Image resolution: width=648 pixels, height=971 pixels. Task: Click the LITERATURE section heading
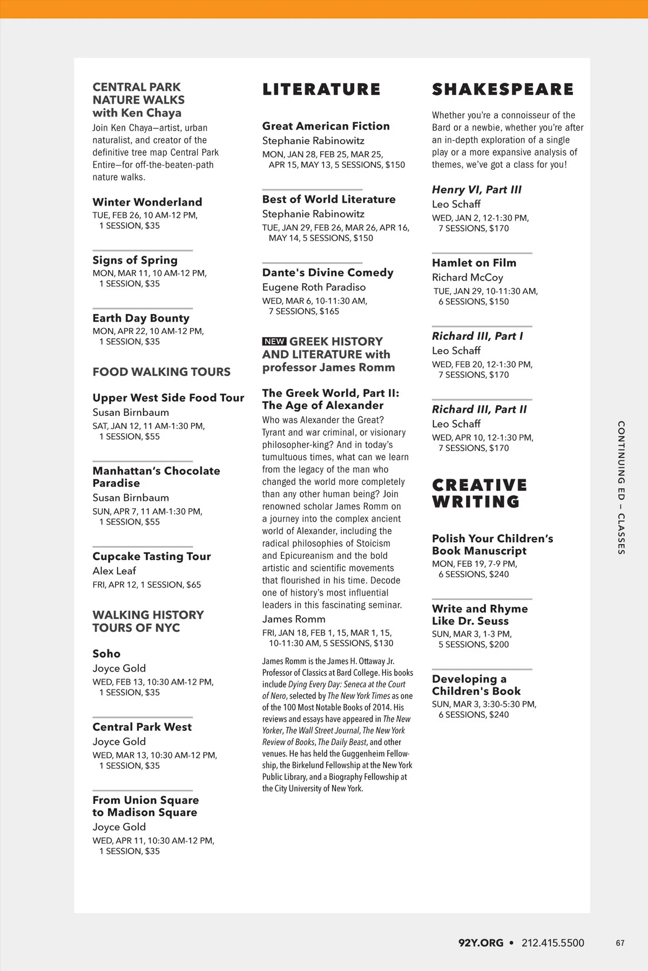321,90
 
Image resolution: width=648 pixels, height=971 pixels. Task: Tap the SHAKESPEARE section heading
502,90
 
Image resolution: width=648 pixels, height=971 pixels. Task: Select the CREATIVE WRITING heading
479,493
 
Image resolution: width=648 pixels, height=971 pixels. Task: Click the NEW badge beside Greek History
274,341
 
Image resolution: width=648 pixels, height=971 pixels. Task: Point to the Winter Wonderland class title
147,202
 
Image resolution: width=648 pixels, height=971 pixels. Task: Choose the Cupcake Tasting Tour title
151,556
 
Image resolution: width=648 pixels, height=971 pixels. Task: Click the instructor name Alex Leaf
114,571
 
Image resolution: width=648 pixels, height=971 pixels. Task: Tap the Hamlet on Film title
474,263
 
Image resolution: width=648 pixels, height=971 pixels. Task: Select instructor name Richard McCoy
467,277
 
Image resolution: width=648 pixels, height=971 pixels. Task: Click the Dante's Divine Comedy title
327,272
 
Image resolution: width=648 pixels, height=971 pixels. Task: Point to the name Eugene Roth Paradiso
314,287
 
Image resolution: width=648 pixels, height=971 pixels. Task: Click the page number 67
620,943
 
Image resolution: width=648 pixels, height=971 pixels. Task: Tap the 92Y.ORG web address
481,943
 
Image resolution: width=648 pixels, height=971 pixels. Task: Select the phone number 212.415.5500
552,943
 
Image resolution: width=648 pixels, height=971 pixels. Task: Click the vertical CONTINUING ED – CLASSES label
621,487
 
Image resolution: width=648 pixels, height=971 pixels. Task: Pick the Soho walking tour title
106,654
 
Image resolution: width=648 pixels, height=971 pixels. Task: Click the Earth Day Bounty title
140,318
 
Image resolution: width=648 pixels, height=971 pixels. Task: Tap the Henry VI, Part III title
476,190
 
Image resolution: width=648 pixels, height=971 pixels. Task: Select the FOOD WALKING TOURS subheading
161,372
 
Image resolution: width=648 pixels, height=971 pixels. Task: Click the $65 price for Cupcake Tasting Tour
193,585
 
